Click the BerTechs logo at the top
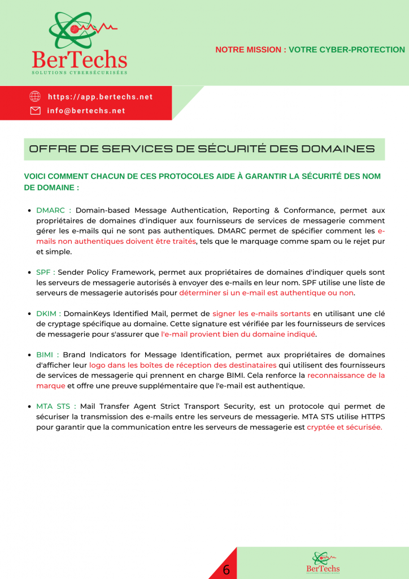coord(79,42)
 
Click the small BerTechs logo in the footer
coord(323,563)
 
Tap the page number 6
coord(226,570)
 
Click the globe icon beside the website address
coord(35,96)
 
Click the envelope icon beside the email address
coord(35,110)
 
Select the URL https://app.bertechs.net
coord(100,97)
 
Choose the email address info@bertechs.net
coord(86,111)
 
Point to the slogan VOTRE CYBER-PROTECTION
coord(347,50)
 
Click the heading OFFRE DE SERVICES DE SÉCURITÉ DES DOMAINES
coord(202,149)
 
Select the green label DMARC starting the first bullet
coord(51,210)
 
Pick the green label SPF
coord(44,272)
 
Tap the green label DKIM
coord(47,313)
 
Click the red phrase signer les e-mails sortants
coord(261,313)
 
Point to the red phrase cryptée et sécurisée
coord(344,427)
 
